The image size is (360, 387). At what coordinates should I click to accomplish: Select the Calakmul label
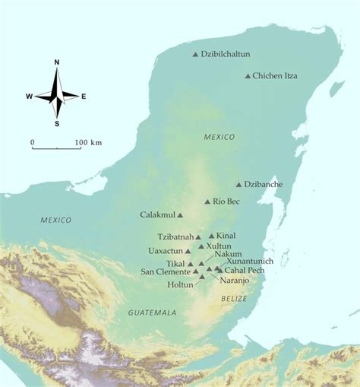click(x=157, y=215)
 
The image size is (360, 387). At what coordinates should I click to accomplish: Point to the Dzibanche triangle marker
click(x=238, y=184)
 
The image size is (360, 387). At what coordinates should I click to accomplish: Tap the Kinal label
click(x=226, y=236)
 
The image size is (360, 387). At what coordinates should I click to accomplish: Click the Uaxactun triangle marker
click(x=188, y=251)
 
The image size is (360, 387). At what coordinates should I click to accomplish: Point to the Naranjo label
click(x=234, y=280)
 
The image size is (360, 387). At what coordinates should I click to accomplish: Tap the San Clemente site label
click(x=165, y=271)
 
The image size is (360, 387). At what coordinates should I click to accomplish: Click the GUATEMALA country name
click(x=152, y=312)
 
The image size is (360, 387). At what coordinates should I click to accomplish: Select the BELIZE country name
click(x=234, y=299)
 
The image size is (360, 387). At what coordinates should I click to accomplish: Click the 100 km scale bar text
click(x=88, y=142)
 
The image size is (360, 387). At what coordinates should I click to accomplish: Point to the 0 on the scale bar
click(x=33, y=142)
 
